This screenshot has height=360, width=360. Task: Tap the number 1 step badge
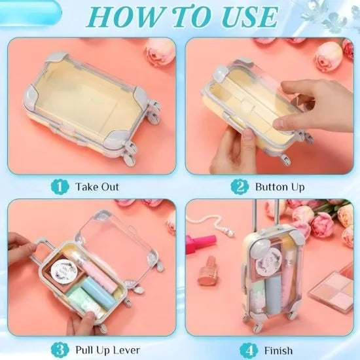(61, 187)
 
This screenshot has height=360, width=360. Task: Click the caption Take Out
(97, 187)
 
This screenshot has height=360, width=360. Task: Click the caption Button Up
(279, 187)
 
